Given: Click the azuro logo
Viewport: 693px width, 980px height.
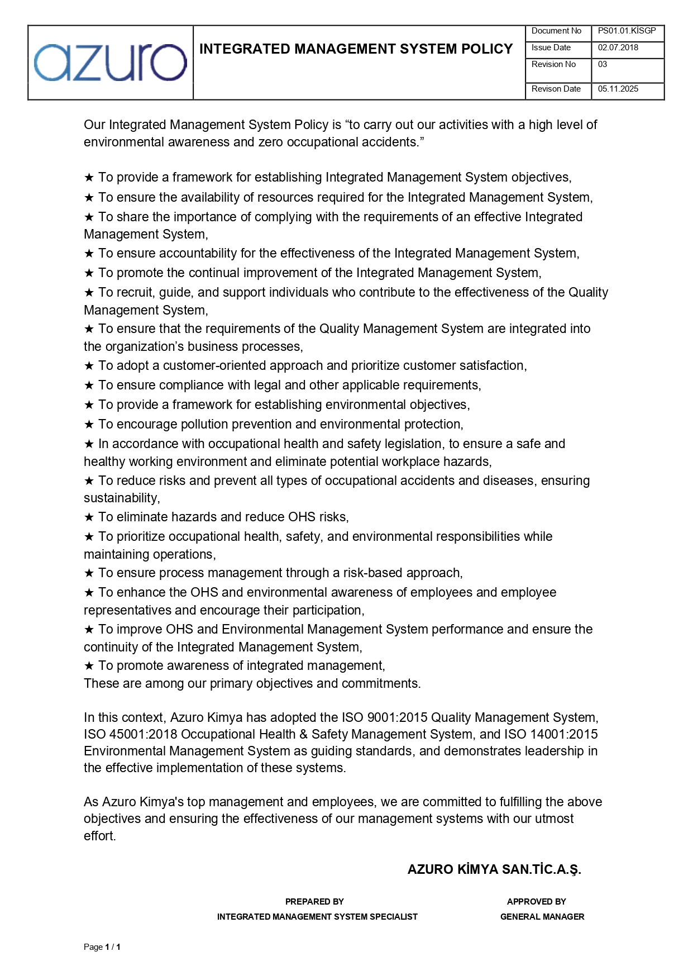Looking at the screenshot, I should click(x=110, y=63).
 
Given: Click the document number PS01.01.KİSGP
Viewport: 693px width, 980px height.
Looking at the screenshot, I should click(x=627, y=31).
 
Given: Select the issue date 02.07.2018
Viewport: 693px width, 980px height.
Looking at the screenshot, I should click(x=618, y=48).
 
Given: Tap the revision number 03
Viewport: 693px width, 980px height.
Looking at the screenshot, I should click(x=603, y=65).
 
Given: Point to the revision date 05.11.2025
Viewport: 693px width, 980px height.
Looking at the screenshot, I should click(x=618, y=89).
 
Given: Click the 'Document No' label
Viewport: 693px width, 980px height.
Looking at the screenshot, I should click(x=556, y=31).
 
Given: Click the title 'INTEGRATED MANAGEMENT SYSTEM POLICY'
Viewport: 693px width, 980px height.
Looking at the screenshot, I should click(x=356, y=49).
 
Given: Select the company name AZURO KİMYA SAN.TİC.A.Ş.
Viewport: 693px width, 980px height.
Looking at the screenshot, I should click(x=494, y=869).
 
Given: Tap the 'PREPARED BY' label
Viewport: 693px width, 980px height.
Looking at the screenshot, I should click(x=314, y=901).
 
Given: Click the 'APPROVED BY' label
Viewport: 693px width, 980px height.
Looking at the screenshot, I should click(x=536, y=901).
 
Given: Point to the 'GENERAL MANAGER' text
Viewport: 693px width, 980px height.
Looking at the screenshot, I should click(x=542, y=916).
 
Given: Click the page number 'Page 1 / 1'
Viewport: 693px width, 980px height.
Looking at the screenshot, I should click(x=102, y=946).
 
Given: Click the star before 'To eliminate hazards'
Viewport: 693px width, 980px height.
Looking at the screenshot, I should click(x=89, y=517).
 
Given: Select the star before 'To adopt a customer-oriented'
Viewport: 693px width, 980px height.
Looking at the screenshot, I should click(x=89, y=366).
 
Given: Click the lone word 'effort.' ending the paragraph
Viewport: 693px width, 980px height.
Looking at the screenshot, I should click(x=100, y=836).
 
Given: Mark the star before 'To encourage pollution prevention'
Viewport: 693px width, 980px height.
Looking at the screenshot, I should click(x=89, y=425).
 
